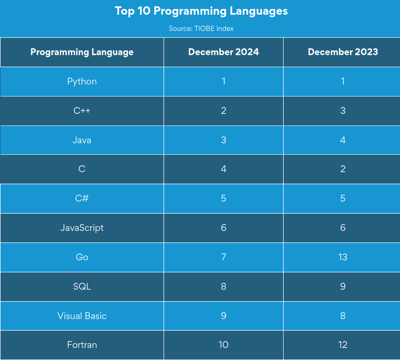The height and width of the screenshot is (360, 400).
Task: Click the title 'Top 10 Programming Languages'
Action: point(201,11)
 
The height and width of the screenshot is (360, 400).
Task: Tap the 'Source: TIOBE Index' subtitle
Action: point(201,28)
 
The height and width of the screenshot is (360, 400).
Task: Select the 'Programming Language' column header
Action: point(82,52)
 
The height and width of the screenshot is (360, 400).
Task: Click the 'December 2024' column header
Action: point(223,52)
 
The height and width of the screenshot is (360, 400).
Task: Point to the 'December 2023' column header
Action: point(343,52)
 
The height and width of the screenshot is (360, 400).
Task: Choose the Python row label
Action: point(82,81)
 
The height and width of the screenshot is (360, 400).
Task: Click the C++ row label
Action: point(82,111)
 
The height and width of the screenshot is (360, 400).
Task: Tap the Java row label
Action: point(82,140)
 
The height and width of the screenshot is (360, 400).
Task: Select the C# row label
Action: point(82,198)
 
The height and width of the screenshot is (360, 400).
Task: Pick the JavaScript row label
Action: point(82,228)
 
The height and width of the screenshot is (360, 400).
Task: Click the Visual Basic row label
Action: point(82,316)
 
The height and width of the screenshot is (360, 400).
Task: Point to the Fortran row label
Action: point(82,345)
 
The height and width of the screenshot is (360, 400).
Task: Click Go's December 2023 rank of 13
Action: point(343,257)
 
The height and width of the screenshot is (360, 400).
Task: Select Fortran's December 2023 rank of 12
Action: point(343,345)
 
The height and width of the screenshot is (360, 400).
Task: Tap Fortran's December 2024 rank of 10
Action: point(223,345)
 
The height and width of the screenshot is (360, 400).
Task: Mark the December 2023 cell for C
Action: point(343,169)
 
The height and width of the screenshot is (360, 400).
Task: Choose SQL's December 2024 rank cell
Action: point(223,287)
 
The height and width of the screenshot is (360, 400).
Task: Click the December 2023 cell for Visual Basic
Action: point(343,316)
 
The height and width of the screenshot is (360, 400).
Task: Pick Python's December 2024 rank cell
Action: point(223,81)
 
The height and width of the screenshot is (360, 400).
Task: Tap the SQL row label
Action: point(82,287)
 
